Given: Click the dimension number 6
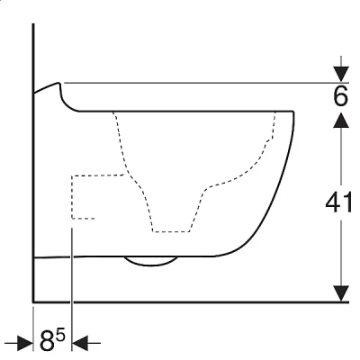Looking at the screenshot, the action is pos(340,96).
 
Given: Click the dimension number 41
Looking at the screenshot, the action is pos(338,202).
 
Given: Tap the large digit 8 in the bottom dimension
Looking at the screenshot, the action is pos(48,341).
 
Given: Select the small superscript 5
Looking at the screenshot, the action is pos(60,336).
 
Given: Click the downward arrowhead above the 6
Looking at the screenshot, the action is pos(341,74).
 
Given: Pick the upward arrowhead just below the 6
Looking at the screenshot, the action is pos(341,120).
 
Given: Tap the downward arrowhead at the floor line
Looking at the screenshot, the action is pos(341,293).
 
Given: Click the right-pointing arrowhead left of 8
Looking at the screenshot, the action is pos(25,342).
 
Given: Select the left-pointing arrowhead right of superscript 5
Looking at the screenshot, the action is pos(80,342).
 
